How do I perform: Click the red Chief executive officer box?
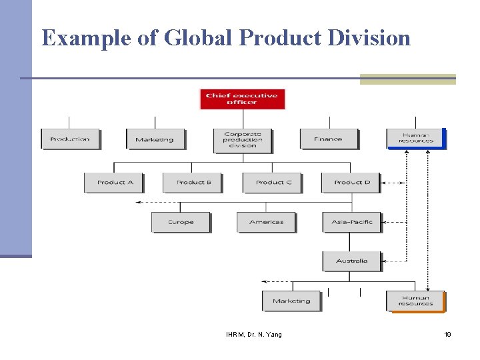[242, 99]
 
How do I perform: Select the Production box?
[70, 139]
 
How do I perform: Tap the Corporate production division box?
[243, 140]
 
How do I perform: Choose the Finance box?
[329, 139]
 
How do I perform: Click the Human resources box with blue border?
[415, 138]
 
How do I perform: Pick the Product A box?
[115, 183]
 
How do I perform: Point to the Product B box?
[193, 183]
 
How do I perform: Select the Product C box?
[273, 183]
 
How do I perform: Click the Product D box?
[351, 183]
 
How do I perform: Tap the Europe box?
[181, 222]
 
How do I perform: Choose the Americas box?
[266, 222]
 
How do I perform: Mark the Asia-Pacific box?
[352, 222]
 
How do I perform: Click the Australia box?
[352, 261]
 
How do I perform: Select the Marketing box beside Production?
[155, 139]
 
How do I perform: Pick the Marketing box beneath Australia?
[291, 301]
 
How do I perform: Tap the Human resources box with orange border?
[415, 301]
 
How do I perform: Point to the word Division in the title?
[369, 38]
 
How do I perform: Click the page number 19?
[447, 335]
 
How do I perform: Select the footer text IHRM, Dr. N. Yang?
[254, 335]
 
